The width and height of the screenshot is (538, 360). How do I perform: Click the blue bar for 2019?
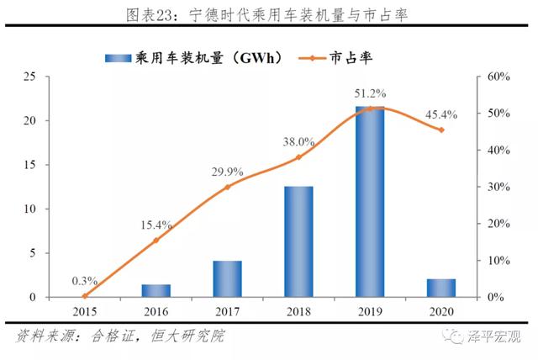370,202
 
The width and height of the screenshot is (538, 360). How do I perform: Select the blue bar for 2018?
298,241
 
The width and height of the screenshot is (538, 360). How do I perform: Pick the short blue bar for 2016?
156,290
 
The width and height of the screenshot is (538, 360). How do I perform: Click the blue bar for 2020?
441,288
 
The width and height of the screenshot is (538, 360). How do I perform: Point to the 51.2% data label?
370,92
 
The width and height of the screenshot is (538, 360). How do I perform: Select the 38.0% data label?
299,141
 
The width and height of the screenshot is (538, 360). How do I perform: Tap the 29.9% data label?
228,172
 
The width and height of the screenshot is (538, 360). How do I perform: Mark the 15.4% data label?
156,225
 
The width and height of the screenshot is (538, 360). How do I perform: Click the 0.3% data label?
85,281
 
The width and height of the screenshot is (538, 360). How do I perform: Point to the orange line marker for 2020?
441,130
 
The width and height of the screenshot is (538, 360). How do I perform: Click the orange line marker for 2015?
84,296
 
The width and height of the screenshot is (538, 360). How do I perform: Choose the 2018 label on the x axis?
298,311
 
